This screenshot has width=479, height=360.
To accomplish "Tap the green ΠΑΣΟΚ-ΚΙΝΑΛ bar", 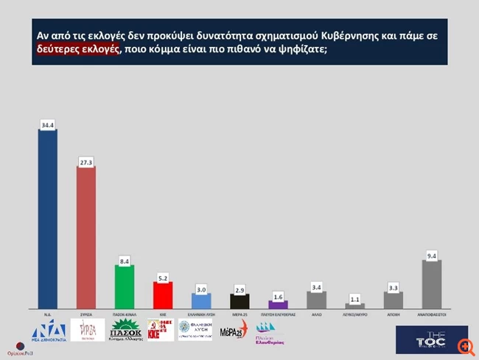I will click(x=125, y=286).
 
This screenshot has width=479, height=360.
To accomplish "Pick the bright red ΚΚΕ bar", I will click(x=163, y=294).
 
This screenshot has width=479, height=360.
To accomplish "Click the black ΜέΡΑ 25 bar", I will click(x=239, y=300).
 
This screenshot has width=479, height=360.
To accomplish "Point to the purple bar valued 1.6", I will click(x=278, y=304).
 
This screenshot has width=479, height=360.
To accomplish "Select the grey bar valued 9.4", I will click(x=431, y=284).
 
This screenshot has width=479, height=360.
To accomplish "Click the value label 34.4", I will click(x=48, y=126).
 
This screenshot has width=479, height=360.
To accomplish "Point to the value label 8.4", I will click(x=125, y=260).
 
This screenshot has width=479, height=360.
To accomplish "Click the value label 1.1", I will click(x=354, y=298).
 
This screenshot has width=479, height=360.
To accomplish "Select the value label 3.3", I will click(x=393, y=286).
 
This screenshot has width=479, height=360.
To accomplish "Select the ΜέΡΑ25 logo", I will click(x=234, y=331).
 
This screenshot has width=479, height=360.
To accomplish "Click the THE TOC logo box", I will click(x=422, y=339).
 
